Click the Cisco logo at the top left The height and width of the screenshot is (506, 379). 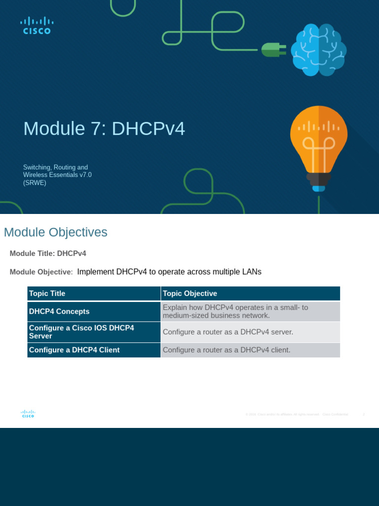[x=37, y=26]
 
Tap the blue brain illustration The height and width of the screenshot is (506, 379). [x=318, y=49]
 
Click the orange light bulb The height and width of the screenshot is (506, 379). [x=318, y=143]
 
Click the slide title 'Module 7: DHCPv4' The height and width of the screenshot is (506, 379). [x=104, y=129]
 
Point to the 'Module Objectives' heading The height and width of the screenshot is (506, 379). [x=55, y=232]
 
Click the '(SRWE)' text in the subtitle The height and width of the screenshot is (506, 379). [x=35, y=182]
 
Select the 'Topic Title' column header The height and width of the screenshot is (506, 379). [x=47, y=294]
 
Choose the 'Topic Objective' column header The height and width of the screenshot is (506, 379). [x=190, y=294]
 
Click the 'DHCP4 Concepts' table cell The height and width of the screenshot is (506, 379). [x=59, y=311]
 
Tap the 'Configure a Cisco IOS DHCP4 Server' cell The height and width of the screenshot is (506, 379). [x=81, y=332]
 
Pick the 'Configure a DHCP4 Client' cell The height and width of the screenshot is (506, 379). [x=74, y=350]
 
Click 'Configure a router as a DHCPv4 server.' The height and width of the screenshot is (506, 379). [x=228, y=332]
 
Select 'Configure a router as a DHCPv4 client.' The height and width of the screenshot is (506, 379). [x=227, y=350]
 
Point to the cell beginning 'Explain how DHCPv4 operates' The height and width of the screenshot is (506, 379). [x=235, y=311]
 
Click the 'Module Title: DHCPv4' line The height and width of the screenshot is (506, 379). [x=48, y=253]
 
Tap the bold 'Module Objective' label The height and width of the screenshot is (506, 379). [x=41, y=272]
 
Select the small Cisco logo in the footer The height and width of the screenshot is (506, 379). [x=28, y=414]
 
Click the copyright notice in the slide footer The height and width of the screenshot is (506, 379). [x=297, y=414]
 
